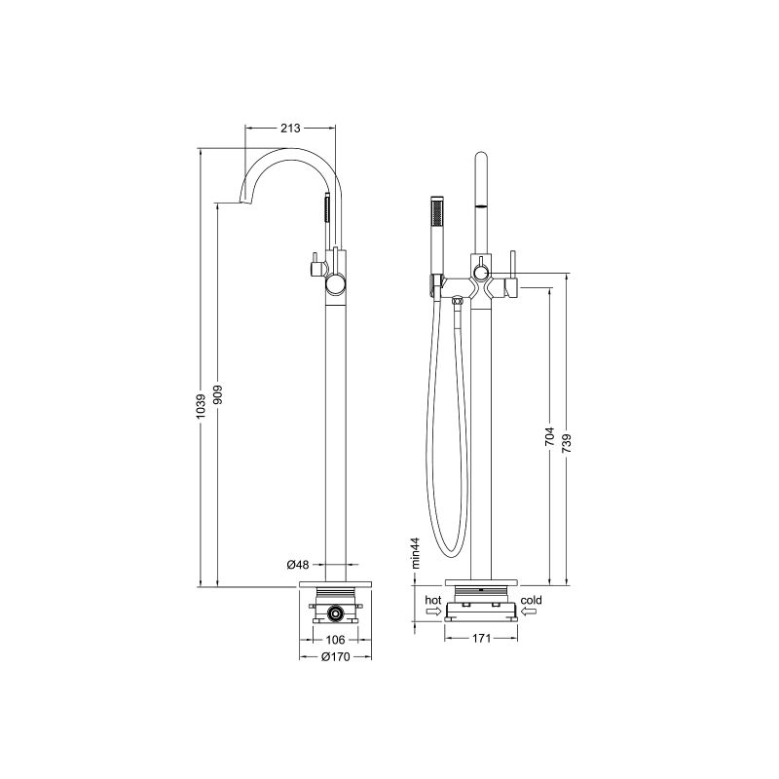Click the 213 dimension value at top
[x=289, y=128]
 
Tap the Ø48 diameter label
[x=298, y=565]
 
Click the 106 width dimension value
[x=334, y=639]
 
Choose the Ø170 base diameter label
[x=334, y=656]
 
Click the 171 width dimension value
[x=480, y=639]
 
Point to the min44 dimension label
[x=415, y=551]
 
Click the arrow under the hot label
[x=433, y=612]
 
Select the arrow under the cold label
[x=530, y=612]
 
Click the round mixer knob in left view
[x=335, y=284]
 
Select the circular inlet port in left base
[x=334, y=613]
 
